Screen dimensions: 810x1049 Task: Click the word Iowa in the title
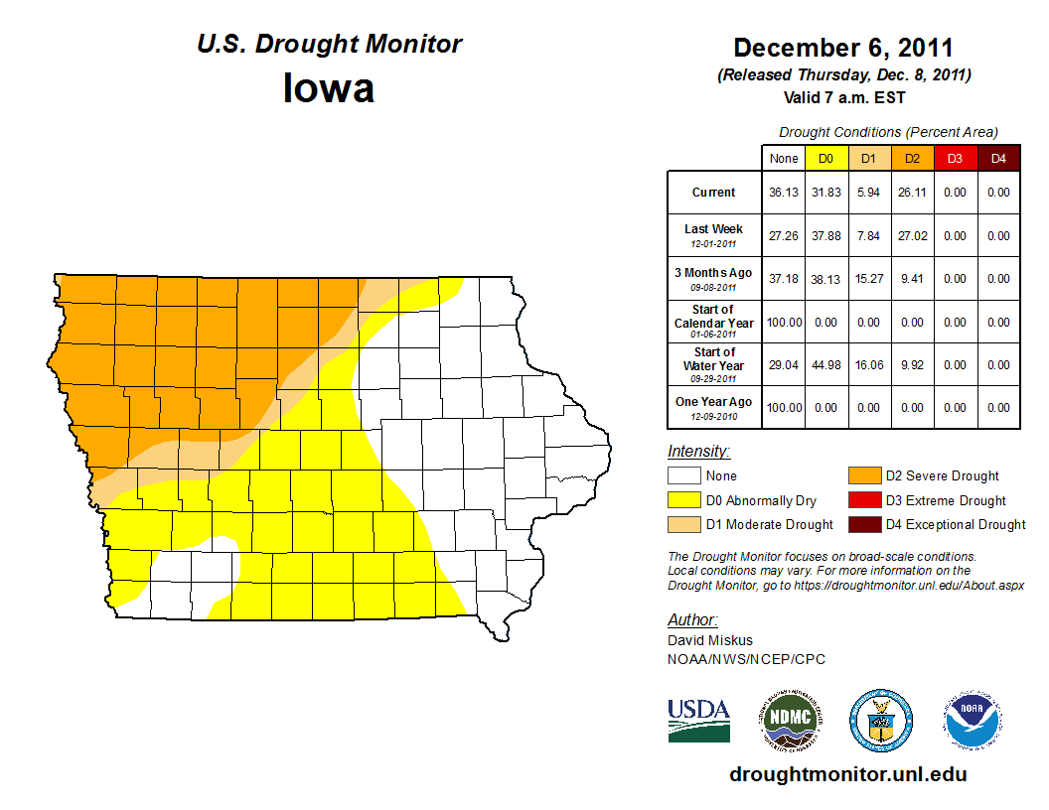coord(329,89)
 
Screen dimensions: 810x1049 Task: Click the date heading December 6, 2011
coord(843,48)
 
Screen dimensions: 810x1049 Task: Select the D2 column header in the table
coord(912,158)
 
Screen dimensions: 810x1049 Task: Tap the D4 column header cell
coord(998,158)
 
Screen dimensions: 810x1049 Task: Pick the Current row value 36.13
coord(784,193)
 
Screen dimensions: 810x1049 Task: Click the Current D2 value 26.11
coord(912,193)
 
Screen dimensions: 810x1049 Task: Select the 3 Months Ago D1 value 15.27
coord(869,279)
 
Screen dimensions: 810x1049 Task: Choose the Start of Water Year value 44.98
coord(825,365)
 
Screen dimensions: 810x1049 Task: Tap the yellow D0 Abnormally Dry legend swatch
coord(684,500)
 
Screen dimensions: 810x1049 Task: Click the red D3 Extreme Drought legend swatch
coord(863,500)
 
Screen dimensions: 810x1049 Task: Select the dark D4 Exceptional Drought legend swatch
coord(863,524)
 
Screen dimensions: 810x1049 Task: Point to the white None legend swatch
coord(684,476)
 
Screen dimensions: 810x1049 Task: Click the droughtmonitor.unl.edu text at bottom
coord(847,774)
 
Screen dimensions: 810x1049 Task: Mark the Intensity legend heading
coord(698,452)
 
